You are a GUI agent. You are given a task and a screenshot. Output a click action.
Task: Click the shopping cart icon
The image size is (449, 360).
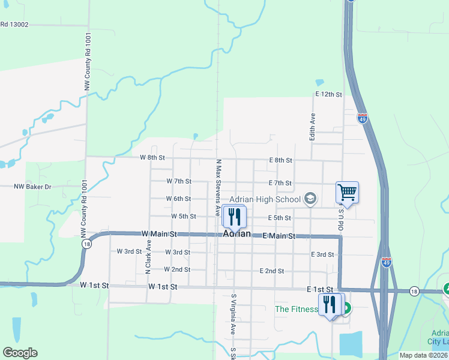coord(347,192)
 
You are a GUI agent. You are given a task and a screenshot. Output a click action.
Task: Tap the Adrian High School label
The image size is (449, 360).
coord(265,199)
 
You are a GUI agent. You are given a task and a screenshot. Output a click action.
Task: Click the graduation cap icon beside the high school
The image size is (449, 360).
coord(310,199)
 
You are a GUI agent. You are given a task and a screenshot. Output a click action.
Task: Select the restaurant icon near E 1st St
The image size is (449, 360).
coord(329,304)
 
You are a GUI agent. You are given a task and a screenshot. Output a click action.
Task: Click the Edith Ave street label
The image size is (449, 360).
coord(312,127)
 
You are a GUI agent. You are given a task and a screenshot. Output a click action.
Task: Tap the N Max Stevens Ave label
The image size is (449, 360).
coord(218,187)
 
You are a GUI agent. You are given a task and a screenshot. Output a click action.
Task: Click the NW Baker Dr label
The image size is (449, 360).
coord(32,187)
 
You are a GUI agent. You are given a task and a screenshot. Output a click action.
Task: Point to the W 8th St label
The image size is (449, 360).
coord(152,158)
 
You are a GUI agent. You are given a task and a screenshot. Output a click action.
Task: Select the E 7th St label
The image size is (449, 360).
coord(280,183)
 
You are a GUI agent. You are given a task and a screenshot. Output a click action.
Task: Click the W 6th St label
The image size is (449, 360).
coord(178,199)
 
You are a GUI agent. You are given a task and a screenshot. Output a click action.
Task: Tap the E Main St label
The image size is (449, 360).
coord(279,236)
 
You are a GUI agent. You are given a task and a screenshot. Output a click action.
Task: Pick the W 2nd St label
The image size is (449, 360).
coord(176,270)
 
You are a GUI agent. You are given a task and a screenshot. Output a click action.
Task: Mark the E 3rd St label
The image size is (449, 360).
coord(322,254)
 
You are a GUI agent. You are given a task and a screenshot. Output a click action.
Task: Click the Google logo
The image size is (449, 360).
coord(20,353)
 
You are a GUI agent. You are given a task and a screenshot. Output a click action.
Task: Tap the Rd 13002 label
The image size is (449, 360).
coord(14,25)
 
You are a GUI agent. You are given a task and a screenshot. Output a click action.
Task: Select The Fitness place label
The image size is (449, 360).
coord(296,309)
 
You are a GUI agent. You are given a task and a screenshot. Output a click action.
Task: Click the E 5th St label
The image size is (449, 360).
coord(279,218)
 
